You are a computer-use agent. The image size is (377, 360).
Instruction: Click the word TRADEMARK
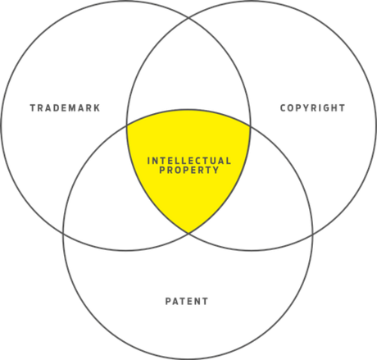(x=65, y=108)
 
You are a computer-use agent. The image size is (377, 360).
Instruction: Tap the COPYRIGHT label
(x=313, y=108)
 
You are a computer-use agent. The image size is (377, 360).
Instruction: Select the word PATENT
(x=187, y=301)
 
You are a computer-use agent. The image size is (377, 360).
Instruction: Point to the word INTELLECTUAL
(x=189, y=161)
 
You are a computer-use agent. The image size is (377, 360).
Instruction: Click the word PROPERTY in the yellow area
(x=189, y=170)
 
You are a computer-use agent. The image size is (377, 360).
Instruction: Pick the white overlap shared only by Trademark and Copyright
(x=188, y=71)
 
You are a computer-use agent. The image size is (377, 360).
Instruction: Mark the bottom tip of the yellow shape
(x=188, y=233)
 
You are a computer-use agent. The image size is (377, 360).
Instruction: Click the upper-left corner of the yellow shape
(x=127, y=125)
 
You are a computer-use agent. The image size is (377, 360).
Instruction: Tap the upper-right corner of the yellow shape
(x=250, y=125)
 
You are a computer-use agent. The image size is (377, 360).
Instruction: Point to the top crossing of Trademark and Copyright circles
(x=188, y=18)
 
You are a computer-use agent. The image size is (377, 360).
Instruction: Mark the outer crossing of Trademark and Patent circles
(x=63, y=234)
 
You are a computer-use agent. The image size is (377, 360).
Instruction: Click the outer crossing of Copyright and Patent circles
(x=313, y=235)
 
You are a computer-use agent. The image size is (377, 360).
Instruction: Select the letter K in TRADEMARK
(x=97, y=108)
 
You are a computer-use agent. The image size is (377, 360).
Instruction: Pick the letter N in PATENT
(x=196, y=301)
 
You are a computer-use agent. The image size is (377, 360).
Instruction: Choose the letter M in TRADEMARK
(x=72, y=108)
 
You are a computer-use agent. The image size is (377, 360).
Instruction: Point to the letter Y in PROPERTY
(x=216, y=170)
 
